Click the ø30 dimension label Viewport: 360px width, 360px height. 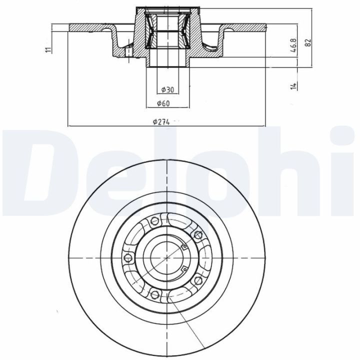coord(168,90)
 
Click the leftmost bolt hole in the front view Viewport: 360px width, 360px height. coord(126,257)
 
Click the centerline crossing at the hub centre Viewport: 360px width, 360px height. coord(165,257)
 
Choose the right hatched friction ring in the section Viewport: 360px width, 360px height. coord(240,26)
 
